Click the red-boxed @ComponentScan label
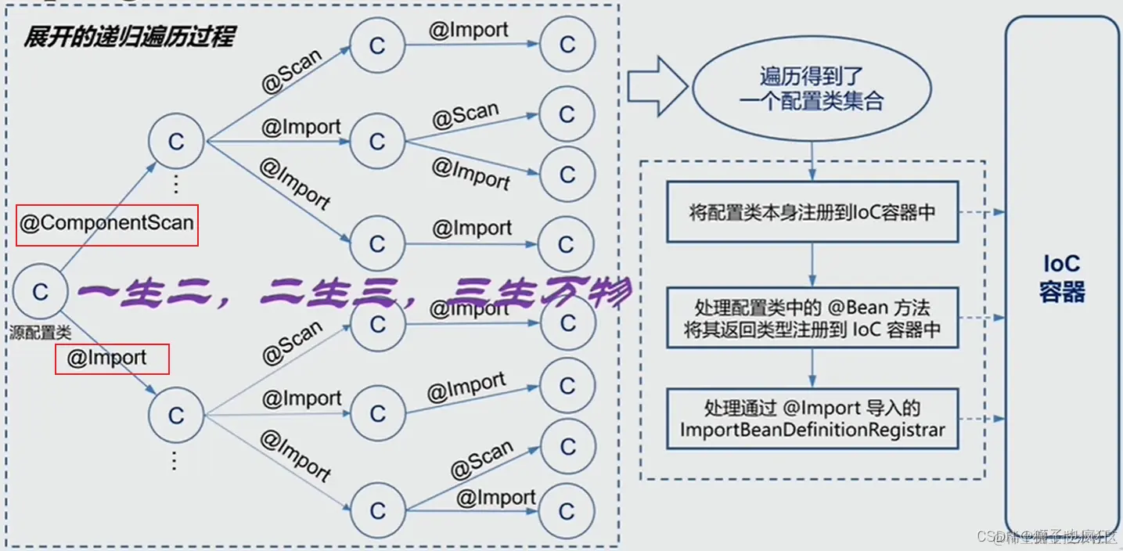106,225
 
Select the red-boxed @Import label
111,359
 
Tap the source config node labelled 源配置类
40,293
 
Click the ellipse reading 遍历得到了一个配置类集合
810,88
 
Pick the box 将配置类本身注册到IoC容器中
812,212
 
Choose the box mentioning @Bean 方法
812,318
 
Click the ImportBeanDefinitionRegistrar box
812,420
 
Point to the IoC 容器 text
1062,278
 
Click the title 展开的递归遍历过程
129,36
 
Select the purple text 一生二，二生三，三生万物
352,295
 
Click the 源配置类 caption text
40,332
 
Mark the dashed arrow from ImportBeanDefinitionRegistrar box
982,420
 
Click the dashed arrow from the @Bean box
982,318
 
